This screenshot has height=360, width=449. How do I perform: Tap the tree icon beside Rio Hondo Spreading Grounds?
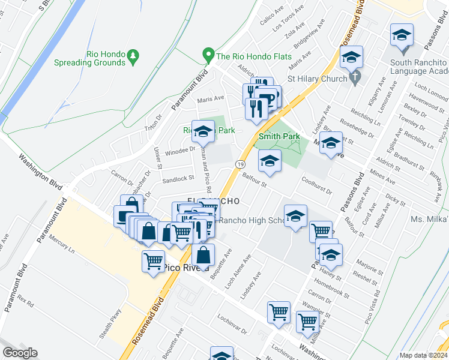(x=133, y=57)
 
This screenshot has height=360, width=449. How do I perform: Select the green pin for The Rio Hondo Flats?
(x=208, y=56)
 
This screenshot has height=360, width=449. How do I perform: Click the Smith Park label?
(x=279, y=137)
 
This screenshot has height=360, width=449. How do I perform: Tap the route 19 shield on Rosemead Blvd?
(x=241, y=164)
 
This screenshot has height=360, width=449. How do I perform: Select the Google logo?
(x=20, y=353)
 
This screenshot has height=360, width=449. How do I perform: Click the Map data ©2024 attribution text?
(x=424, y=355)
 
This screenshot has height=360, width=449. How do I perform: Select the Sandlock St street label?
(x=178, y=178)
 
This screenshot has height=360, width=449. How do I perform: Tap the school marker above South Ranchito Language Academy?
(x=402, y=36)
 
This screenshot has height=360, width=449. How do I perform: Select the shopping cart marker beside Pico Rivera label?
(x=154, y=261)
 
